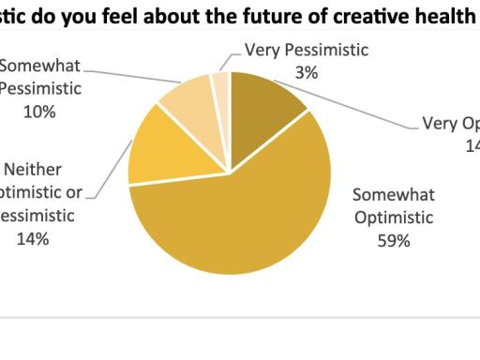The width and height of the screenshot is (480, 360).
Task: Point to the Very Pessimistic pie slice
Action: point(220,83)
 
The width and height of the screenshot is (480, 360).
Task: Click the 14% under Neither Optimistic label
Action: point(37,238)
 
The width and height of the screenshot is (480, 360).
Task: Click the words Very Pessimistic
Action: point(307,51)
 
